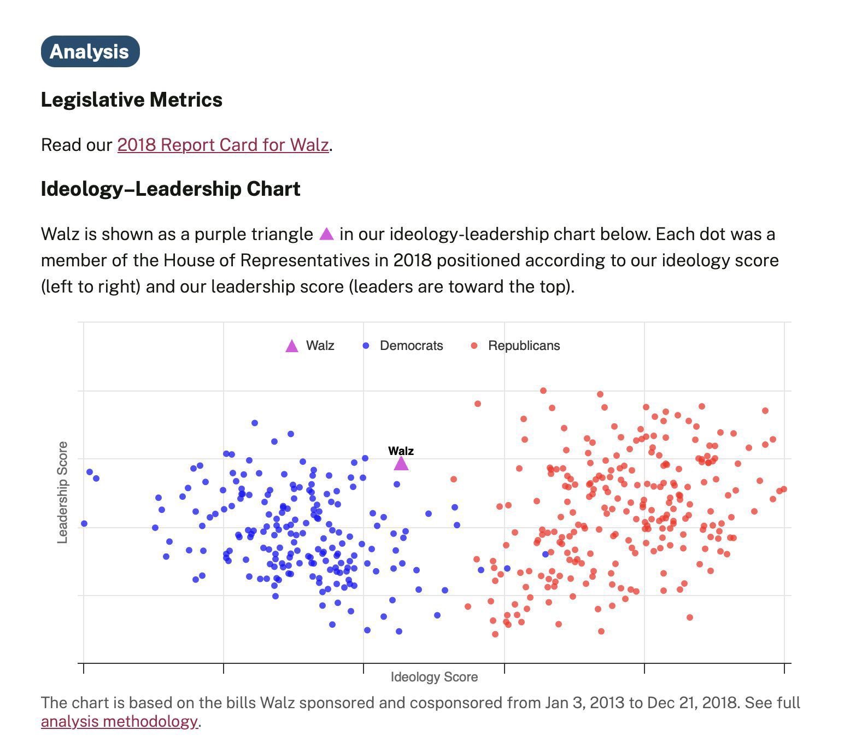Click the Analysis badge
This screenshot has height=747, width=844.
tap(90, 51)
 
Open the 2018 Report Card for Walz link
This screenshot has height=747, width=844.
tap(223, 145)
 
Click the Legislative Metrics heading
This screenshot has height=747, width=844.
tap(132, 100)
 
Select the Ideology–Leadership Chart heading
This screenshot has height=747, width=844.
tap(171, 189)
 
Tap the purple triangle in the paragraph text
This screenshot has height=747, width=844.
tap(326, 234)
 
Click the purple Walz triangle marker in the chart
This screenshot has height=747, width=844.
tap(401, 464)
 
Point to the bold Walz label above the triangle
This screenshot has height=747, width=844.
tap(401, 451)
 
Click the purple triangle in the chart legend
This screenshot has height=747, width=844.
tap(292, 346)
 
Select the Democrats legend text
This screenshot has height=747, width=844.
tap(411, 346)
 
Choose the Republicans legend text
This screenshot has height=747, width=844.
tap(524, 346)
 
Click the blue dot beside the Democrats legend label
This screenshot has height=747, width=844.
tap(366, 346)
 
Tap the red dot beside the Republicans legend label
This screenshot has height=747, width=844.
tap(474, 346)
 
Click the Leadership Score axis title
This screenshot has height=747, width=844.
tap(63, 492)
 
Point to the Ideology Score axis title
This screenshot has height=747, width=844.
tap(434, 677)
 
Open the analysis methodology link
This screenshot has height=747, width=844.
tap(120, 721)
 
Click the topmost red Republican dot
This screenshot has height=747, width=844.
tap(543, 390)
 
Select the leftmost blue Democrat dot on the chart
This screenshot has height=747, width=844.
tap(84, 523)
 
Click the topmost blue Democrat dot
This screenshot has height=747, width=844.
tap(255, 423)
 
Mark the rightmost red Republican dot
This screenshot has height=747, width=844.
tap(784, 489)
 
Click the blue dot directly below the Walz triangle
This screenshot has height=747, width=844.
tap(397, 484)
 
